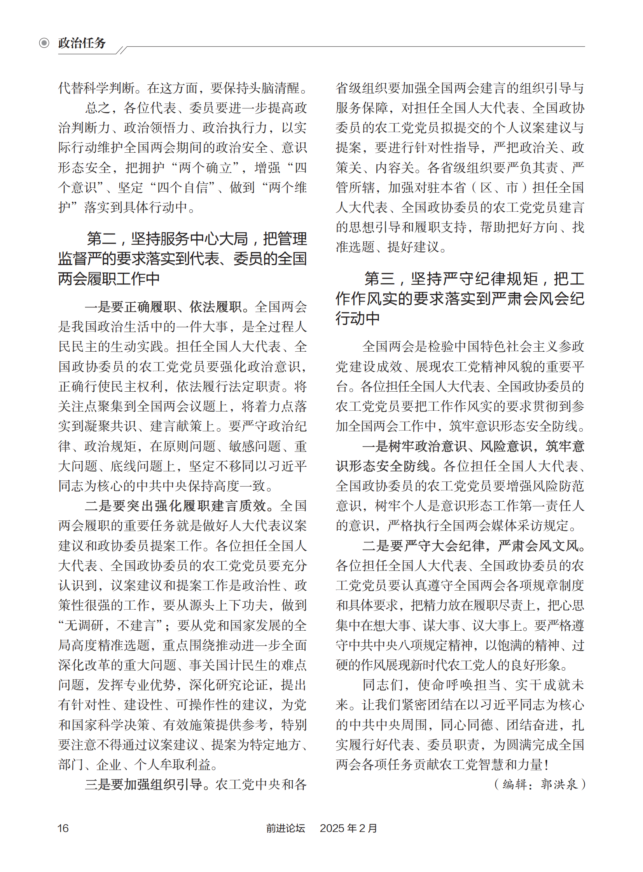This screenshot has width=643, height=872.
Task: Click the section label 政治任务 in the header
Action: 82,43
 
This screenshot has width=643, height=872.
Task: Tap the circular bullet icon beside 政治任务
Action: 44,43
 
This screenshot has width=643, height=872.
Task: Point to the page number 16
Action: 63,828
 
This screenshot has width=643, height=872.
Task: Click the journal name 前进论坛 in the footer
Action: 285,828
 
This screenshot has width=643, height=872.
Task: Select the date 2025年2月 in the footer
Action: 348,828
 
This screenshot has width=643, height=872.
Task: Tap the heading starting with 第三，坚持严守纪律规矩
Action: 460,298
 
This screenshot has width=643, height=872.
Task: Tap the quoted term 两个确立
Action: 206,168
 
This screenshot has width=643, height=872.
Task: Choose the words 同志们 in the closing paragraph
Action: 382,685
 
